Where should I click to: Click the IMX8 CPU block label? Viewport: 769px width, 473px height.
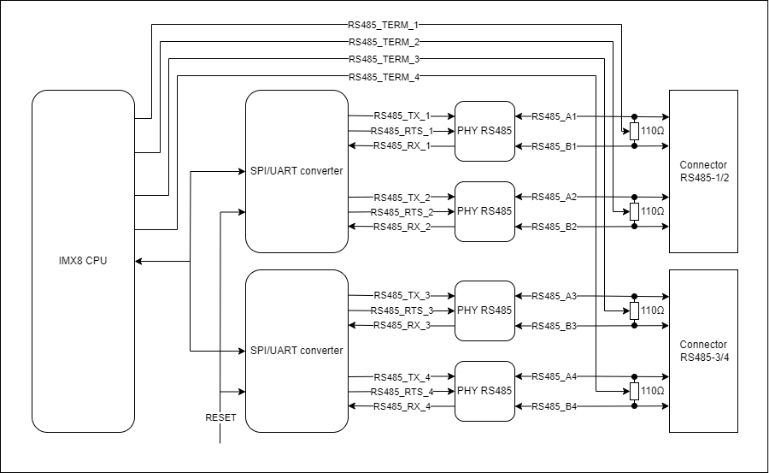click(x=83, y=260)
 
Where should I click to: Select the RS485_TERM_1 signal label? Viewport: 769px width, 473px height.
click(x=384, y=25)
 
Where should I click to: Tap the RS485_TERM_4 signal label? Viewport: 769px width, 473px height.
click(x=384, y=77)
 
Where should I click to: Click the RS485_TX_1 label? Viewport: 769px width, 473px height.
click(x=402, y=115)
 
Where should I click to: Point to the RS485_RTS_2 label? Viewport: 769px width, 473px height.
click(x=402, y=212)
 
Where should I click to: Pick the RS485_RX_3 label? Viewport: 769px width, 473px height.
click(x=402, y=325)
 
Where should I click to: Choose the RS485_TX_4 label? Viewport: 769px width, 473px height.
click(x=402, y=376)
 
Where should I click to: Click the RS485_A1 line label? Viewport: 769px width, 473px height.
click(x=555, y=115)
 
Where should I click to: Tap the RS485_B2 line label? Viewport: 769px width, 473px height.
click(x=555, y=227)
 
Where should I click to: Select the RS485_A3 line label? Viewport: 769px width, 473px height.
click(x=555, y=296)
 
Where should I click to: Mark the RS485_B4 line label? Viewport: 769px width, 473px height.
click(x=555, y=406)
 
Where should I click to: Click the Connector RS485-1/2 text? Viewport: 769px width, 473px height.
click(x=703, y=171)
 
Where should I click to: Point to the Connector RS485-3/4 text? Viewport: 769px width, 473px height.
click(x=703, y=351)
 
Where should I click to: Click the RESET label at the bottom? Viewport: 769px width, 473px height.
click(x=220, y=417)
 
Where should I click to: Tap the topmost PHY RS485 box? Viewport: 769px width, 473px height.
click(x=484, y=131)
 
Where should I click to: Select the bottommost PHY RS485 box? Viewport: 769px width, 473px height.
click(x=484, y=391)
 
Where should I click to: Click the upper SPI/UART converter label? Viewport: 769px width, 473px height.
click(x=296, y=171)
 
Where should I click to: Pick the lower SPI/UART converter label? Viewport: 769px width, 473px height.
click(x=296, y=351)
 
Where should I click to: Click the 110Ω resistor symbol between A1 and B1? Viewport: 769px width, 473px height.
click(x=634, y=131)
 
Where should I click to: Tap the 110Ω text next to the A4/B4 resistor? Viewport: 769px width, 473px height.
click(x=653, y=392)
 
